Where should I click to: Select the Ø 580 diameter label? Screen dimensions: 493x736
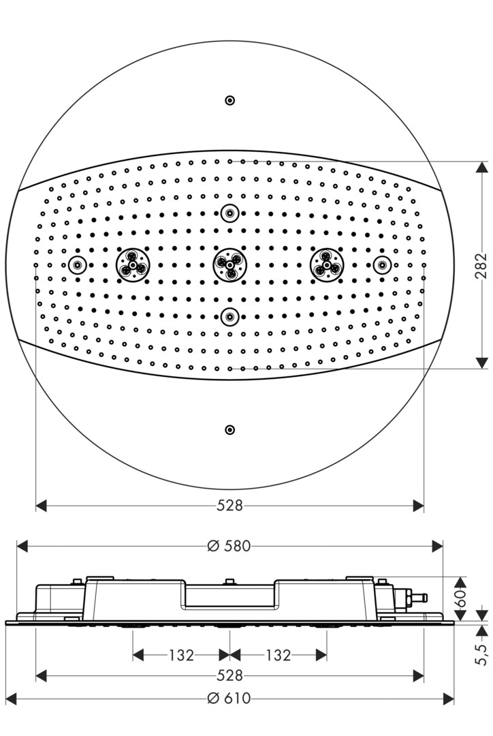(x=229, y=546)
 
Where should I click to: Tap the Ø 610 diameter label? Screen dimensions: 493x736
(x=229, y=699)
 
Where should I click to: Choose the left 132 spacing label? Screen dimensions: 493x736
(x=182, y=655)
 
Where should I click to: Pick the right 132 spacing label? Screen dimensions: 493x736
(x=278, y=655)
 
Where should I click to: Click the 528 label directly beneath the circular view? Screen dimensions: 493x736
(x=230, y=506)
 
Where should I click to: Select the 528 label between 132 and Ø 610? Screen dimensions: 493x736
(x=230, y=675)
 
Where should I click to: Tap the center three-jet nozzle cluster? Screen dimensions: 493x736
(x=230, y=265)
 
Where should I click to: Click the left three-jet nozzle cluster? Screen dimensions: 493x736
(x=133, y=265)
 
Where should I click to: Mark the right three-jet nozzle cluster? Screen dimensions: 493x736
(x=326, y=265)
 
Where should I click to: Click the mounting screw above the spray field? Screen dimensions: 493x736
(x=230, y=100)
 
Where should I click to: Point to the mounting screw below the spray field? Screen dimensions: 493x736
(x=230, y=429)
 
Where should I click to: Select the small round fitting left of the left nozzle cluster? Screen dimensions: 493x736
(x=78, y=265)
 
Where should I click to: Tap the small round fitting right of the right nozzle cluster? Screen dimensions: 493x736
(x=382, y=265)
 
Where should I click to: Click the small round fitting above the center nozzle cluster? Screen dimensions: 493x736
(x=230, y=213)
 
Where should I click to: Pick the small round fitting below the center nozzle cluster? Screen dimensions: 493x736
(x=230, y=317)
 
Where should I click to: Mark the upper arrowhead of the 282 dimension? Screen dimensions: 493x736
(x=481, y=168)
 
